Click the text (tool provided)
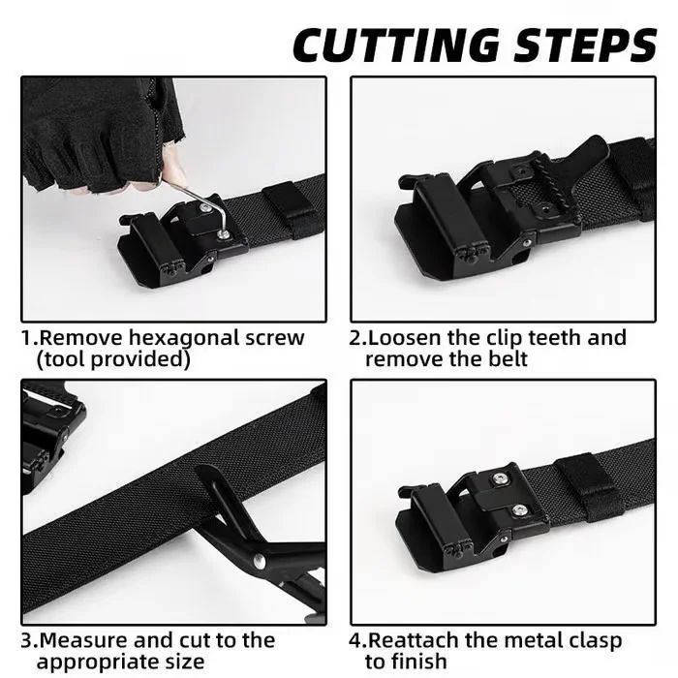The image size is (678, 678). coord(112,359)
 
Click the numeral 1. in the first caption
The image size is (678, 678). coord(29,338)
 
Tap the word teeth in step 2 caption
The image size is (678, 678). coord(555,338)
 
